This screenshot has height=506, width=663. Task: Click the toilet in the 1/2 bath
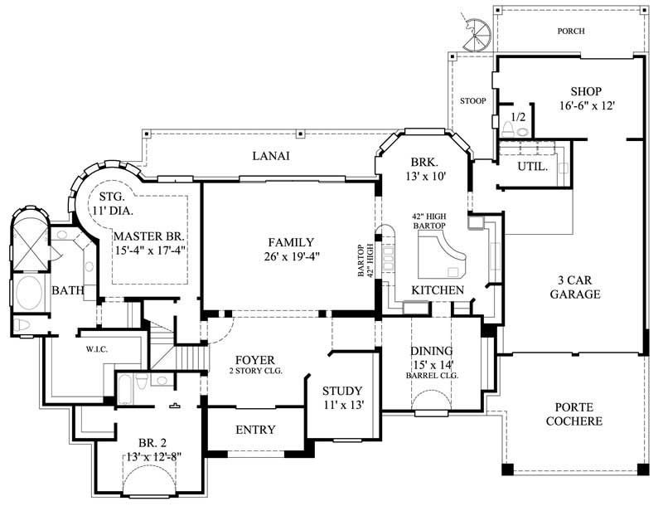tap(506, 129)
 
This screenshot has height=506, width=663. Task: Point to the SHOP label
tap(585, 91)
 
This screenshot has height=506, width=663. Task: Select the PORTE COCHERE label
tap(578, 415)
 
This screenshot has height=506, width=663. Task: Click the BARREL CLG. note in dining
tap(432, 375)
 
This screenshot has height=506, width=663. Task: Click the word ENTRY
tap(255, 430)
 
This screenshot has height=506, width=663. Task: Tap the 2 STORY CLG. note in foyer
tap(256, 371)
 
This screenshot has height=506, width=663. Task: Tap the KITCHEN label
tap(437, 289)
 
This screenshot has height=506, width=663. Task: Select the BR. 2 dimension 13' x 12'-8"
tap(149, 456)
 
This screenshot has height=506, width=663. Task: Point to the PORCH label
tap(571, 31)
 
